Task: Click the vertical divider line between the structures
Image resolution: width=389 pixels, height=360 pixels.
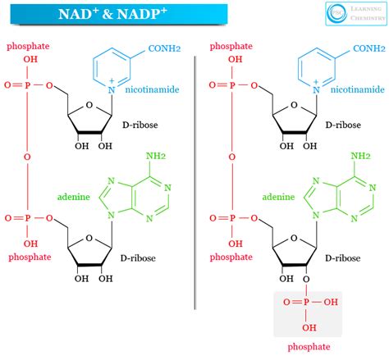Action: pyautogui.click(x=194, y=181)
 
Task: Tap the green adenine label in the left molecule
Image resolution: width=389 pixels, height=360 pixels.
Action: pyautogui.click(x=74, y=198)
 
